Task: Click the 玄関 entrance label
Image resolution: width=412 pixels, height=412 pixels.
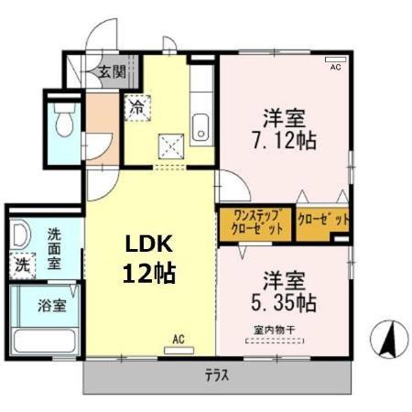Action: [113, 71]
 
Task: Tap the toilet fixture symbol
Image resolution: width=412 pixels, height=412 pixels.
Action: [64, 118]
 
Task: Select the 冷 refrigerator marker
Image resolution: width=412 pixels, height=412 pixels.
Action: [136, 105]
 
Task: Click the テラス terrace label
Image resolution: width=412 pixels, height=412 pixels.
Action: [216, 375]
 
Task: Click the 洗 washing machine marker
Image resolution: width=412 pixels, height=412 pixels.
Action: [21, 266]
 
